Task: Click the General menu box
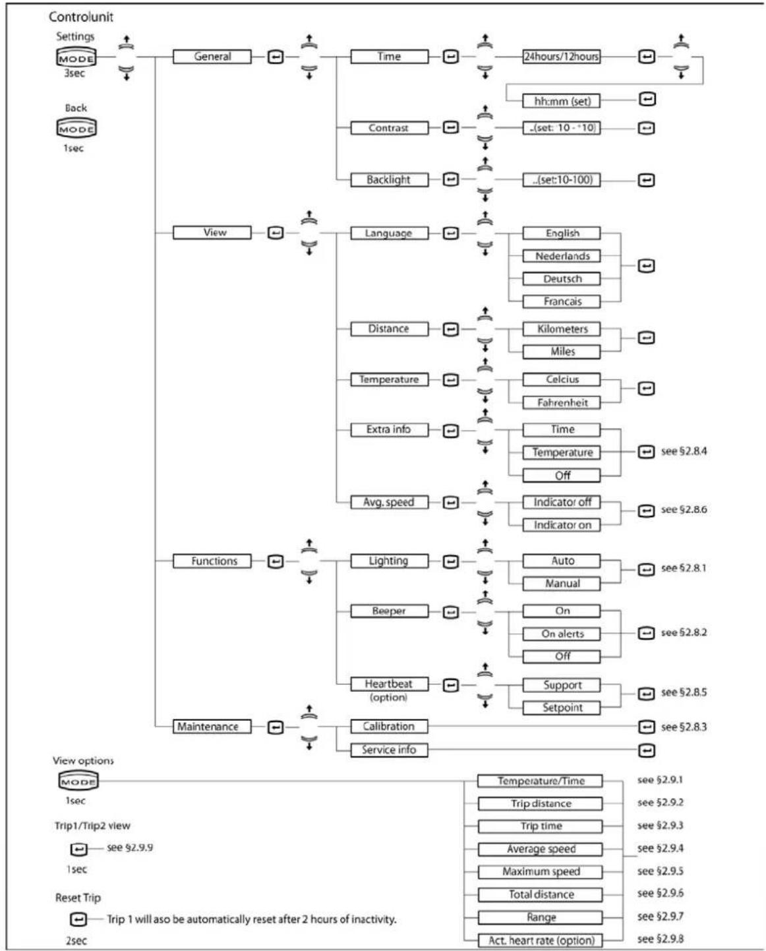click(212, 57)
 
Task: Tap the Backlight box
click(388, 179)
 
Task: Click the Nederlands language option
click(562, 256)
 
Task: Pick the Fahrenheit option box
click(562, 402)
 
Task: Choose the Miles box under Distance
click(562, 352)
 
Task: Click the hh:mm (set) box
click(562, 101)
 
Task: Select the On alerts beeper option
click(562, 634)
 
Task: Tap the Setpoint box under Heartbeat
click(562, 708)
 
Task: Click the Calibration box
click(388, 726)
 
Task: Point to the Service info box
click(388, 750)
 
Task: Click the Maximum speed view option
click(541, 872)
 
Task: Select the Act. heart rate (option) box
click(541, 940)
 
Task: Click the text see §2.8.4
click(684, 452)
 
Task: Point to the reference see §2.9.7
click(660, 917)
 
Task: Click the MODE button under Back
click(76, 129)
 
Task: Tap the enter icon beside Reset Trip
click(78, 919)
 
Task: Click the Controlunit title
click(81, 16)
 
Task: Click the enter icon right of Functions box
click(276, 561)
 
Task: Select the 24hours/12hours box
click(561, 57)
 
